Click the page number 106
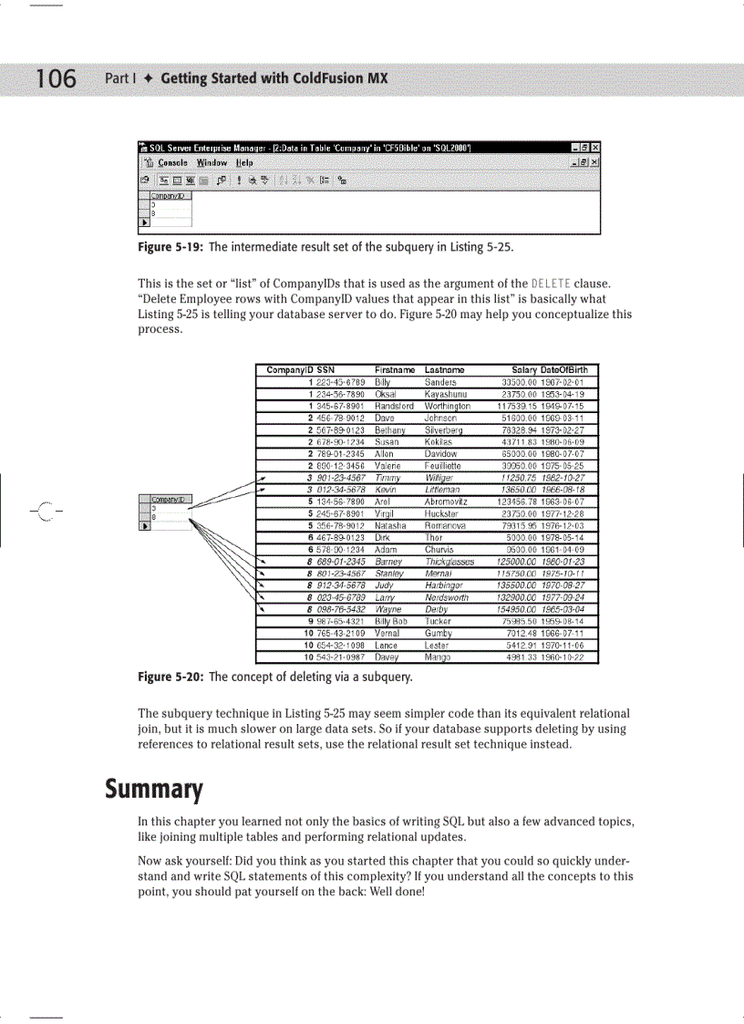tap(57, 79)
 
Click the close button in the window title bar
tap(595, 148)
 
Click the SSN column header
tap(325, 370)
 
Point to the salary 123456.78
tap(518, 500)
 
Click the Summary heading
tap(152, 787)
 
